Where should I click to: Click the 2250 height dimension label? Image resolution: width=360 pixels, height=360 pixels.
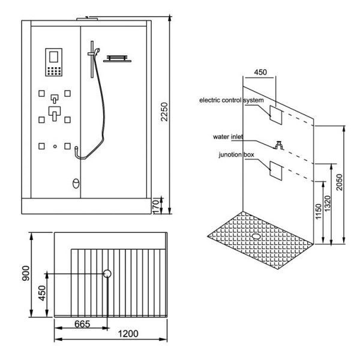pyautogui.click(x=164, y=112)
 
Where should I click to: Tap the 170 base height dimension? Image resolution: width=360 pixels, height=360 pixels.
pyautogui.click(x=155, y=206)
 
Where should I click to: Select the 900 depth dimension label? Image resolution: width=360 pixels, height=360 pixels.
pyautogui.click(x=25, y=273)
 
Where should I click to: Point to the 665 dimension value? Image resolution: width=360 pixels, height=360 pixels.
pyautogui.click(x=82, y=324)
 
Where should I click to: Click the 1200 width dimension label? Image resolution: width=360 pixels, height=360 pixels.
pyautogui.click(x=128, y=334)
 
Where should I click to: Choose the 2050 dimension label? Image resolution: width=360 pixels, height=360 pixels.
pyautogui.click(x=339, y=182)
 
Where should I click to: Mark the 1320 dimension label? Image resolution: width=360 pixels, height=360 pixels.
pyautogui.click(x=327, y=203)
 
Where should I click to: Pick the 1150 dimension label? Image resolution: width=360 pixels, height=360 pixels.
pyautogui.click(x=319, y=211)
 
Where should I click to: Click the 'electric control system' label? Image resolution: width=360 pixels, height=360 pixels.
pyautogui.click(x=232, y=100)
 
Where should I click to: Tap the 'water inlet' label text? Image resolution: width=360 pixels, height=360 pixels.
pyautogui.click(x=228, y=137)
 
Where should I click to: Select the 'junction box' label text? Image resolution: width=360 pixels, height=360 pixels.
pyautogui.click(x=236, y=155)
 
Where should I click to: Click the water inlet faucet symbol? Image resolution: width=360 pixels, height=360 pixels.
pyautogui.click(x=279, y=145)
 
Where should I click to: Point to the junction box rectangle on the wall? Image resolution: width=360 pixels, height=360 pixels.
pyautogui.click(x=276, y=170)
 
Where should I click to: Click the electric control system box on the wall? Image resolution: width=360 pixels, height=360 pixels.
pyautogui.click(x=276, y=115)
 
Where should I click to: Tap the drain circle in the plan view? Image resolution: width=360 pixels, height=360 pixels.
pyautogui.click(x=107, y=274)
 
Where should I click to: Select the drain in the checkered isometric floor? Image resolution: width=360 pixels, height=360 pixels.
pyautogui.click(x=256, y=236)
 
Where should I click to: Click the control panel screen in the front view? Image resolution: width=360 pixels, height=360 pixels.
pyautogui.click(x=54, y=57)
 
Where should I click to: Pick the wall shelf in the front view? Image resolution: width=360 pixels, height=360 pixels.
pyautogui.click(x=117, y=59)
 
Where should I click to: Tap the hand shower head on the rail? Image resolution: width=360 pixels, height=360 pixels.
pyautogui.click(x=97, y=50)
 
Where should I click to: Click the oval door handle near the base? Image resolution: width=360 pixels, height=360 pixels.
pyautogui.click(x=76, y=184)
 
